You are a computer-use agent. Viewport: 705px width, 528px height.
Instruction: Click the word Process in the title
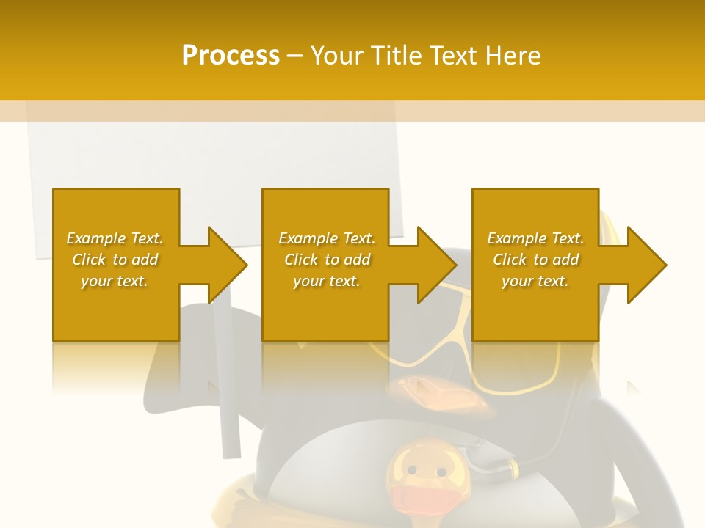pos(231,55)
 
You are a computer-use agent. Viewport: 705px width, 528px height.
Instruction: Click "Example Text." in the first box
pos(115,238)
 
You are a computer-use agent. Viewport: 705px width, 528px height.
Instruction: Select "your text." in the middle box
pos(327,281)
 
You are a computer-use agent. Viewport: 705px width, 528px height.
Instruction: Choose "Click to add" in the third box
pos(536,260)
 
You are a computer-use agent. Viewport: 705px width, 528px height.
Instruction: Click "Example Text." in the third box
pos(535,238)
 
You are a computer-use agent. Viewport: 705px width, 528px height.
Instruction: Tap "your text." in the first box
pos(115,281)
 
